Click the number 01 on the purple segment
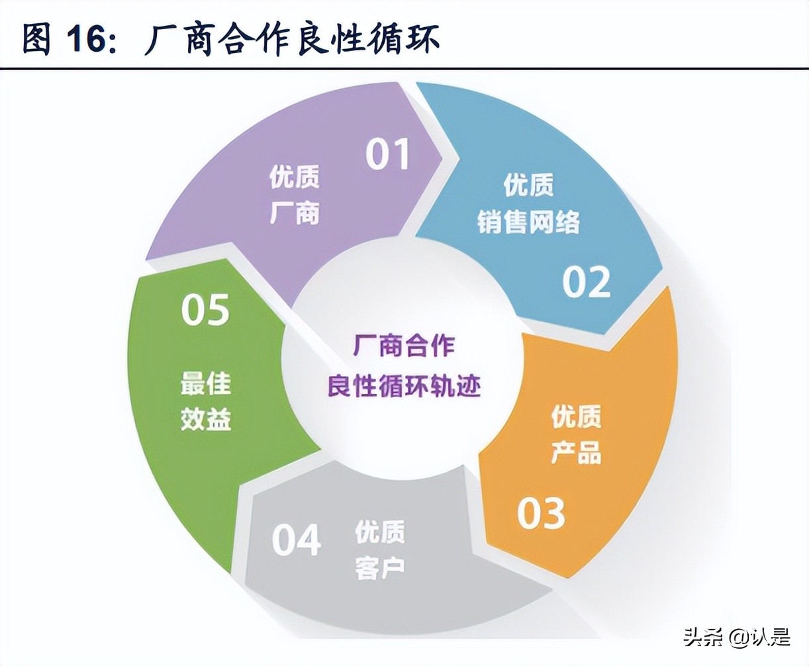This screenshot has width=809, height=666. pos(389,154)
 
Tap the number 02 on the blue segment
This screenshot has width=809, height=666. pos(586,281)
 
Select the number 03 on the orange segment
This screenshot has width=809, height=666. pos(542,513)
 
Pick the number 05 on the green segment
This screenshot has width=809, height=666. pos(205,310)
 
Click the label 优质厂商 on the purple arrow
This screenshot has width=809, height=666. pos(295,195)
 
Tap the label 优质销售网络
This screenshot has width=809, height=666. pos(528,203)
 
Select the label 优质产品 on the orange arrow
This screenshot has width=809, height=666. pos(577,435)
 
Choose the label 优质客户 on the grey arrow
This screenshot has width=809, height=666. pos(380,549)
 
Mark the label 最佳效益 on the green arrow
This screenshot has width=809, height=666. pos(206,401)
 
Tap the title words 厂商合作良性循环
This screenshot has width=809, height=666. pos(292,38)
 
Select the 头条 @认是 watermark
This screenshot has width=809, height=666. pos(737,637)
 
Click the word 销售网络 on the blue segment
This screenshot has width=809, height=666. pos(528,221)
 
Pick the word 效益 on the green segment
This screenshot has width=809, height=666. pos(206,419)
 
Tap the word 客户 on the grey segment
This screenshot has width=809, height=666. pos(380,568)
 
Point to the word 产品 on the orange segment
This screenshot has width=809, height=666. pos(577,453)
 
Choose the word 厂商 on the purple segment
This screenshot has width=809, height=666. pos(295,213)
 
